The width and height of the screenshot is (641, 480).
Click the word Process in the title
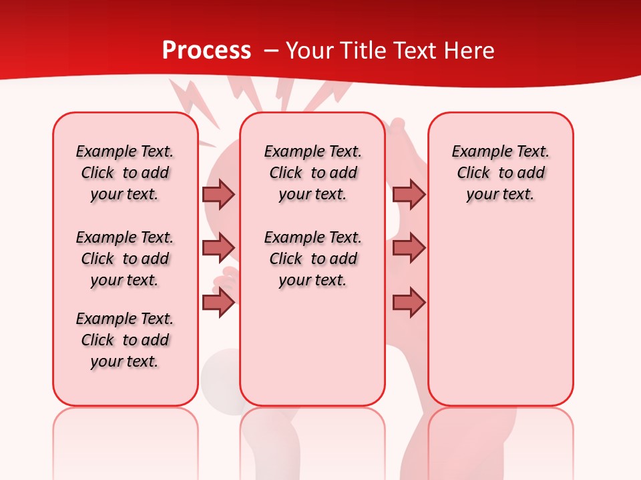tap(206, 51)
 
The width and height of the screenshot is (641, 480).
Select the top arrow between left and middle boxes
tap(218, 194)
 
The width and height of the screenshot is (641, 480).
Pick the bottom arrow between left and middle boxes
tap(218, 303)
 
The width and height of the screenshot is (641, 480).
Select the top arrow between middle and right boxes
tap(409, 194)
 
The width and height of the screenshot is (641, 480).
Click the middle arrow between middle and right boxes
tap(409, 248)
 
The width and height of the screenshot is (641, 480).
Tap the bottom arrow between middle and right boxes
tap(409, 303)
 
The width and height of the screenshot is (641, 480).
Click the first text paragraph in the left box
tap(125, 173)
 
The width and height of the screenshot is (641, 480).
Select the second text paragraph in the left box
tap(125, 259)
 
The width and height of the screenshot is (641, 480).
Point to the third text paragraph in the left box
tap(125, 340)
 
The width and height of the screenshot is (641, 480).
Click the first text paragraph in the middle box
tap(312, 173)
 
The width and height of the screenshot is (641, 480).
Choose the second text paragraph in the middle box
tap(312, 259)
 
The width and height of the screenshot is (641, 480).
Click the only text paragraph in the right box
tap(500, 173)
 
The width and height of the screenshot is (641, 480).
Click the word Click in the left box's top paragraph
tap(97, 173)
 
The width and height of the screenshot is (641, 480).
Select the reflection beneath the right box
tap(500, 440)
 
